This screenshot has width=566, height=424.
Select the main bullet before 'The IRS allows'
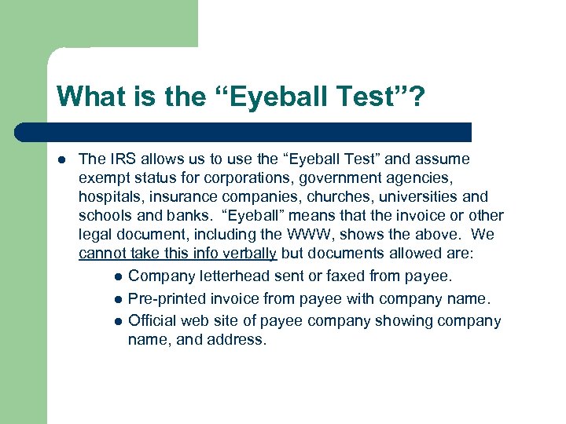click(x=61, y=160)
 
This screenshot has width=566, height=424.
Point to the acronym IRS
click(x=122, y=159)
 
